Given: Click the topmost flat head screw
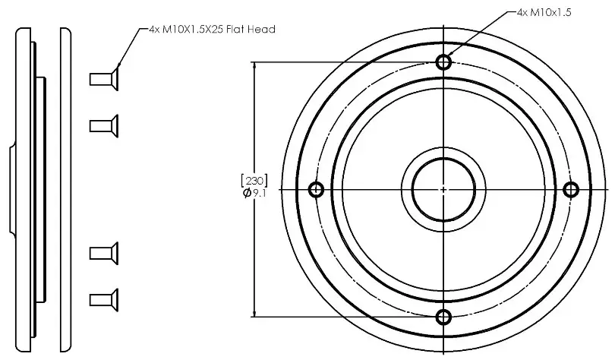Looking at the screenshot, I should pos(104,77).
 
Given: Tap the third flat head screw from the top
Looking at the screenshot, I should pos(104,251).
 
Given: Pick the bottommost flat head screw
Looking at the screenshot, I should pos(104,298).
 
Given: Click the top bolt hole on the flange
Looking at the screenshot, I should pos(444,62).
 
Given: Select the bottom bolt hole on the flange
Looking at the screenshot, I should pos(444,317).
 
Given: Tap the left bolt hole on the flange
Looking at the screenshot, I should pos(317,189).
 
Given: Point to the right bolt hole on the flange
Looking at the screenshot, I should pos(572,189).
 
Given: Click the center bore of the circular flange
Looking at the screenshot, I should pos(444,189).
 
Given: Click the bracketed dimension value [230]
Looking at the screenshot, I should pos(253,181).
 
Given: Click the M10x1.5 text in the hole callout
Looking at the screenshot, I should pos(553,13).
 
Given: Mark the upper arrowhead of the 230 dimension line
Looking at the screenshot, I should pos(254,66).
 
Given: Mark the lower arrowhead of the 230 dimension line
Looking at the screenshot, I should pos(254,312).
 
